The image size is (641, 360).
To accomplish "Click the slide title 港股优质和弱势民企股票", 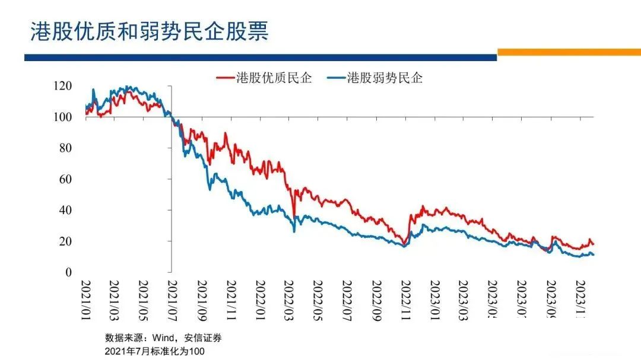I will [150, 31].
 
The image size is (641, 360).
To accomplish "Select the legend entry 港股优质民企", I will [274, 78].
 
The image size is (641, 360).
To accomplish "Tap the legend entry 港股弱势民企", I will [385, 78].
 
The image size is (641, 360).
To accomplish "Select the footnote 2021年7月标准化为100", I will [155, 351].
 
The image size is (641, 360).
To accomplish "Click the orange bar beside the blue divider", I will [569, 52].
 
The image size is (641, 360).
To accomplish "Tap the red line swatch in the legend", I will [224, 78].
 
